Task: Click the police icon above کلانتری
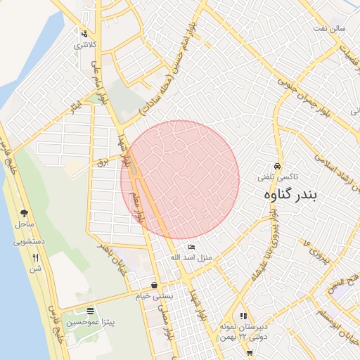point(84,33)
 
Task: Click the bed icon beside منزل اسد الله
point(192,247)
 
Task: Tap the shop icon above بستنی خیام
point(154,285)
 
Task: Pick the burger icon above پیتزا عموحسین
point(90,311)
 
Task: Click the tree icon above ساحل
point(24,213)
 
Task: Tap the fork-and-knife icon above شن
point(36,257)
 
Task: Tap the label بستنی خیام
point(154,297)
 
